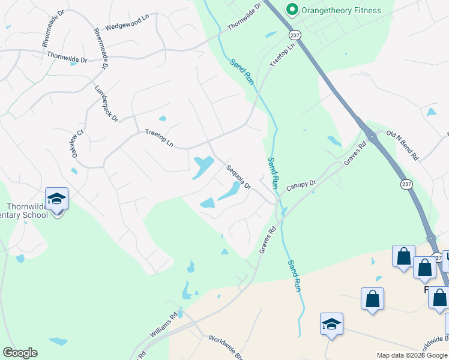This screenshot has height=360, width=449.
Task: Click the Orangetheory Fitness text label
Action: (x=342, y=10)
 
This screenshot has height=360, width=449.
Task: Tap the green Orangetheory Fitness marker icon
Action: (x=292, y=10)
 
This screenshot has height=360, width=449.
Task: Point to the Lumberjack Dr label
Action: (x=106, y=101)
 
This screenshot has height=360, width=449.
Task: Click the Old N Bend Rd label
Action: (x=402, y=146)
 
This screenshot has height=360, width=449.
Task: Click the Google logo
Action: (x=20, y=353)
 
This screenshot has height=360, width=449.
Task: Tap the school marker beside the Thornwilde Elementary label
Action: (x=57, y=199)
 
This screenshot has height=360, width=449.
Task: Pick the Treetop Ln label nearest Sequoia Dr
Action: (x=160, y=139)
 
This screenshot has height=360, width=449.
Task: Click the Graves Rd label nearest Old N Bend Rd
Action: (x=355, y=155)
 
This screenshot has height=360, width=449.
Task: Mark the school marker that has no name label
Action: (x=331, y=324)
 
